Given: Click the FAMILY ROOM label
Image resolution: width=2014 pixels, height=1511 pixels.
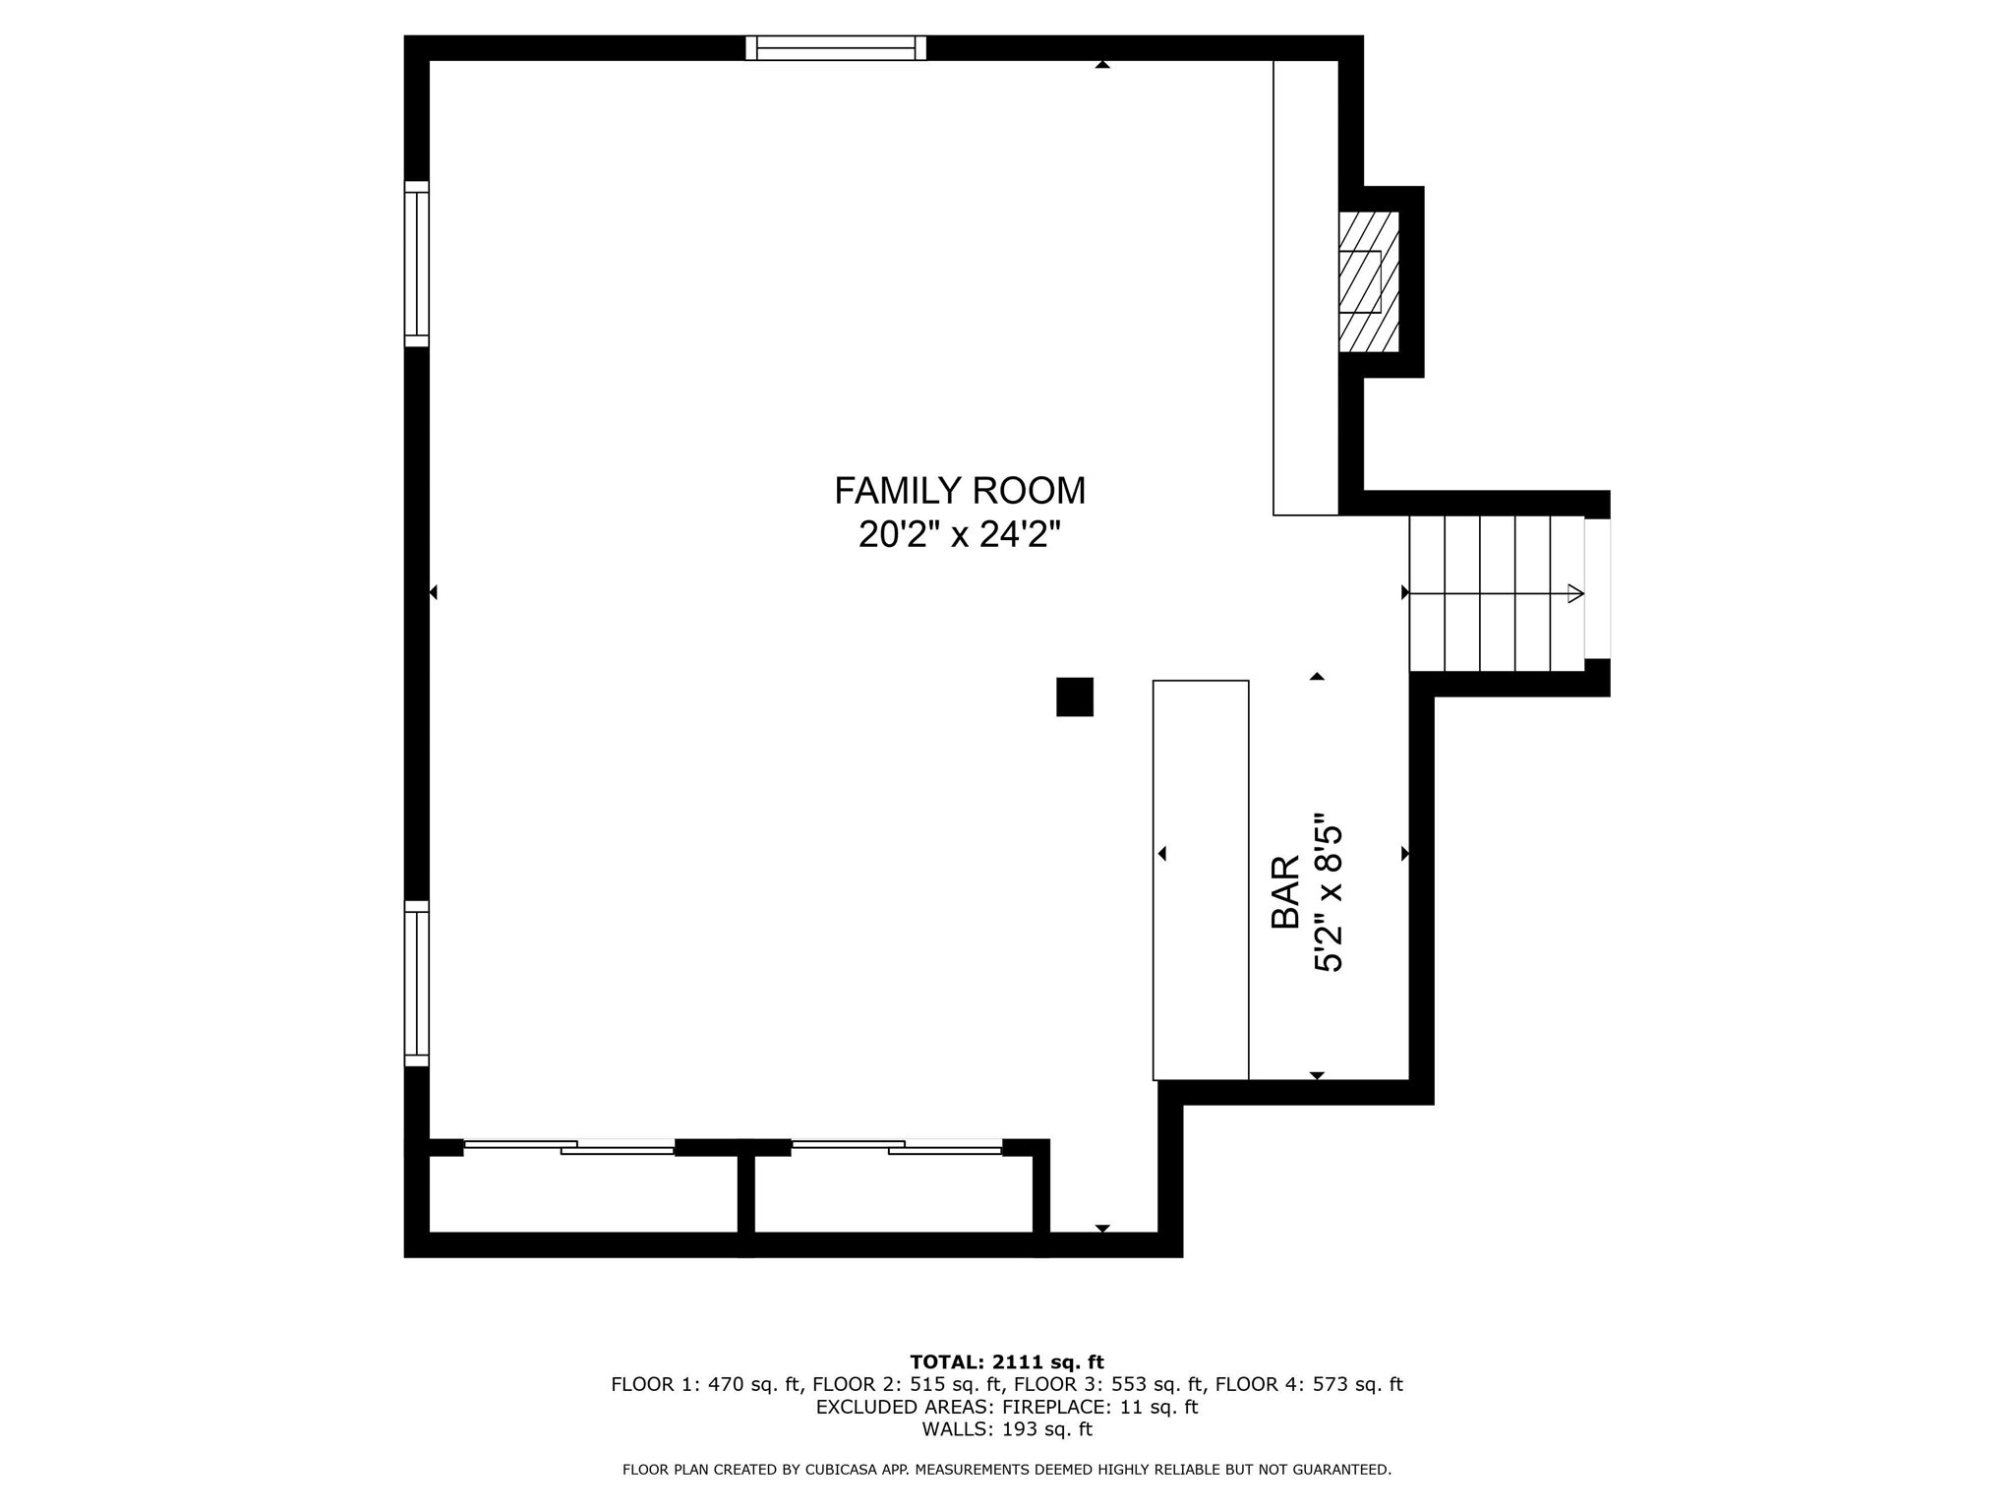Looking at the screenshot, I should coord(960,490).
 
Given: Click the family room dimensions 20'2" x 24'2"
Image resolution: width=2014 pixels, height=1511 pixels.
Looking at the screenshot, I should coord(960,535).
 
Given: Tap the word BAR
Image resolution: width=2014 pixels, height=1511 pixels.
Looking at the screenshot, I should coord(1285,892).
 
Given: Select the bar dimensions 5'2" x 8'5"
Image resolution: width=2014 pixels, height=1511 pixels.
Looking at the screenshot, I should coord(1329,892).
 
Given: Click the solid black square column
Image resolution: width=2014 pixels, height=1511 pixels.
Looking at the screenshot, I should coord(1074,696).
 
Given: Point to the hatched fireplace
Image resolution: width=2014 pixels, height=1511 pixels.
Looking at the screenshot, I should coord(1368,281).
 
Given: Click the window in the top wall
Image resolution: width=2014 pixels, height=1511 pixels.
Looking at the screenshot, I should coord(836,48).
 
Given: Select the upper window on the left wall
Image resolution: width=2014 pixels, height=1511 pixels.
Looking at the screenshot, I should coord(417,264).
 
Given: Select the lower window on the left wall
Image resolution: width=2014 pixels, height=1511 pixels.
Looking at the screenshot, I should coord(417,983).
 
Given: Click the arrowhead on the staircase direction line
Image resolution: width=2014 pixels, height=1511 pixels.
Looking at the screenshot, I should coord(1574,593).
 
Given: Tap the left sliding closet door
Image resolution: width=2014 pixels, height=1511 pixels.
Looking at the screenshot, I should coord(568,1146).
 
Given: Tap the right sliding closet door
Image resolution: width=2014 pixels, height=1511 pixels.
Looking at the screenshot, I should coord(896,1146).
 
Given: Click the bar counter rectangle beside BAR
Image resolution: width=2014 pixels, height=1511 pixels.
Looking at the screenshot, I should coord(1200,879).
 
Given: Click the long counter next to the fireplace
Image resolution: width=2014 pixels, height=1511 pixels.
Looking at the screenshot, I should coord(1305,287).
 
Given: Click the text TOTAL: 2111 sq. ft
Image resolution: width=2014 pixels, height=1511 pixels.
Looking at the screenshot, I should coord(1007,1362).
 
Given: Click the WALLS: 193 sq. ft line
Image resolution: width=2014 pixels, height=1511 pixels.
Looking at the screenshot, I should coord(1007,1429).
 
